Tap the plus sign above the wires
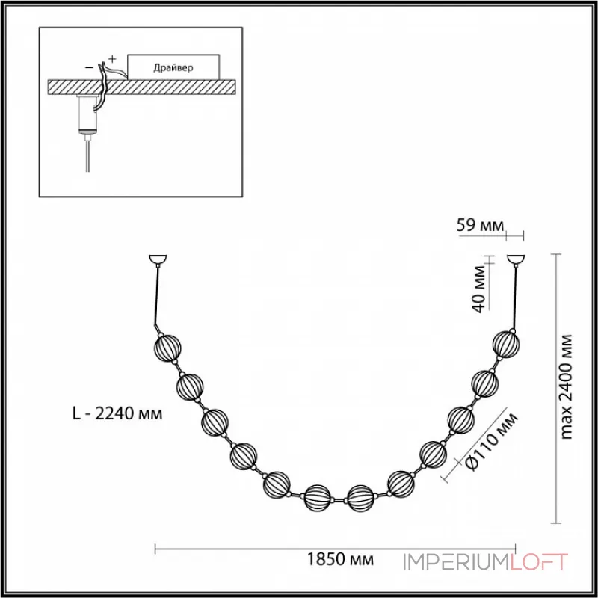tap(113, 58)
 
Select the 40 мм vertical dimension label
tap(481, 286)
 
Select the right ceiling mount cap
tap(515, 261)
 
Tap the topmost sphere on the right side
tap(506, 345)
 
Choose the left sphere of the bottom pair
tap(318, 496)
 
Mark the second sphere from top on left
tap(191, 387)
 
